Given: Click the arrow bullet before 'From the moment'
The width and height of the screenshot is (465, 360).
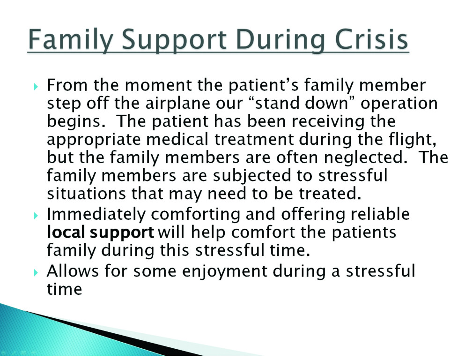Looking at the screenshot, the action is [36, 87].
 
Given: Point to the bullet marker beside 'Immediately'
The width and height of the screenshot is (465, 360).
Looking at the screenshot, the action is [36, 216].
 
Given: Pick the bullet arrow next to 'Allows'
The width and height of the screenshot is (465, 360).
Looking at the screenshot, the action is [36, 272].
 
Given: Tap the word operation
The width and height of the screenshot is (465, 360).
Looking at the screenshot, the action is [399, 105].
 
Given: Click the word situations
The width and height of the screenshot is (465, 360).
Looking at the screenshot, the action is [86, 194].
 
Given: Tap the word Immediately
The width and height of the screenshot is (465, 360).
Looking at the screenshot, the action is [96, 215].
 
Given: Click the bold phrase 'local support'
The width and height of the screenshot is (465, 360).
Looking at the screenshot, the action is [101, 233].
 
